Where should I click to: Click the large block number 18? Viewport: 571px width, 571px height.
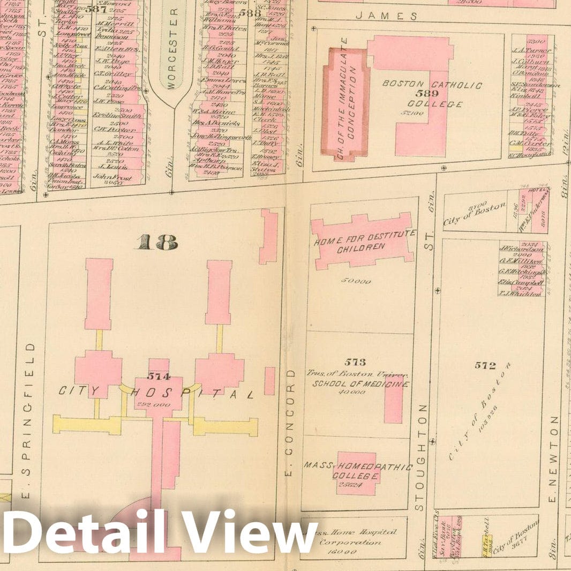(x=156, y=243)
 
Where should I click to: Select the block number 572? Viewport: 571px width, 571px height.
(x=485, y=365)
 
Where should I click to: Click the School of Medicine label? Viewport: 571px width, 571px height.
(x=360, y=384)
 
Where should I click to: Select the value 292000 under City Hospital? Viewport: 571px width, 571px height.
(x=157, y=403)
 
